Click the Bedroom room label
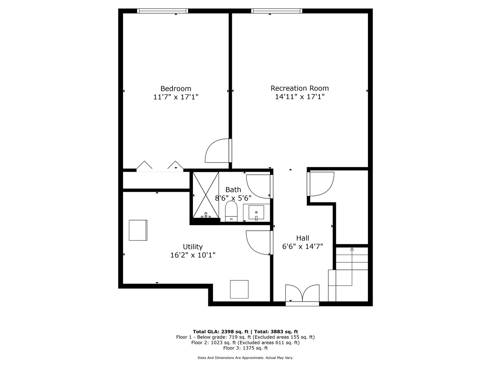(x=176, y=89)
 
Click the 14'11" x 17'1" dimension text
(x=299, y=97)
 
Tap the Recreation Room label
(x=299, y=88)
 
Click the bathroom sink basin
(x=256, y=213)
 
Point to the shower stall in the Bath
(x=206, y=195)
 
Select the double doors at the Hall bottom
(x=302, y=294)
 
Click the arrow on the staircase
(x=352, y=249)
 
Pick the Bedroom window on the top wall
(x=162, y=11)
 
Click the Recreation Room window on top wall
(x=277, y=11)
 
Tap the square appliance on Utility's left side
(x=138, y=230)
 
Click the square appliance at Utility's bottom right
(x=239, y=289)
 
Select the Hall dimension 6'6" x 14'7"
(x=302, y=246)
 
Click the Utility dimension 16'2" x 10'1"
(x=193, y=255)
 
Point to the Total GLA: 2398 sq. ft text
(x=222, y=332)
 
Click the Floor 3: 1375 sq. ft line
(x=245, y=348)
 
